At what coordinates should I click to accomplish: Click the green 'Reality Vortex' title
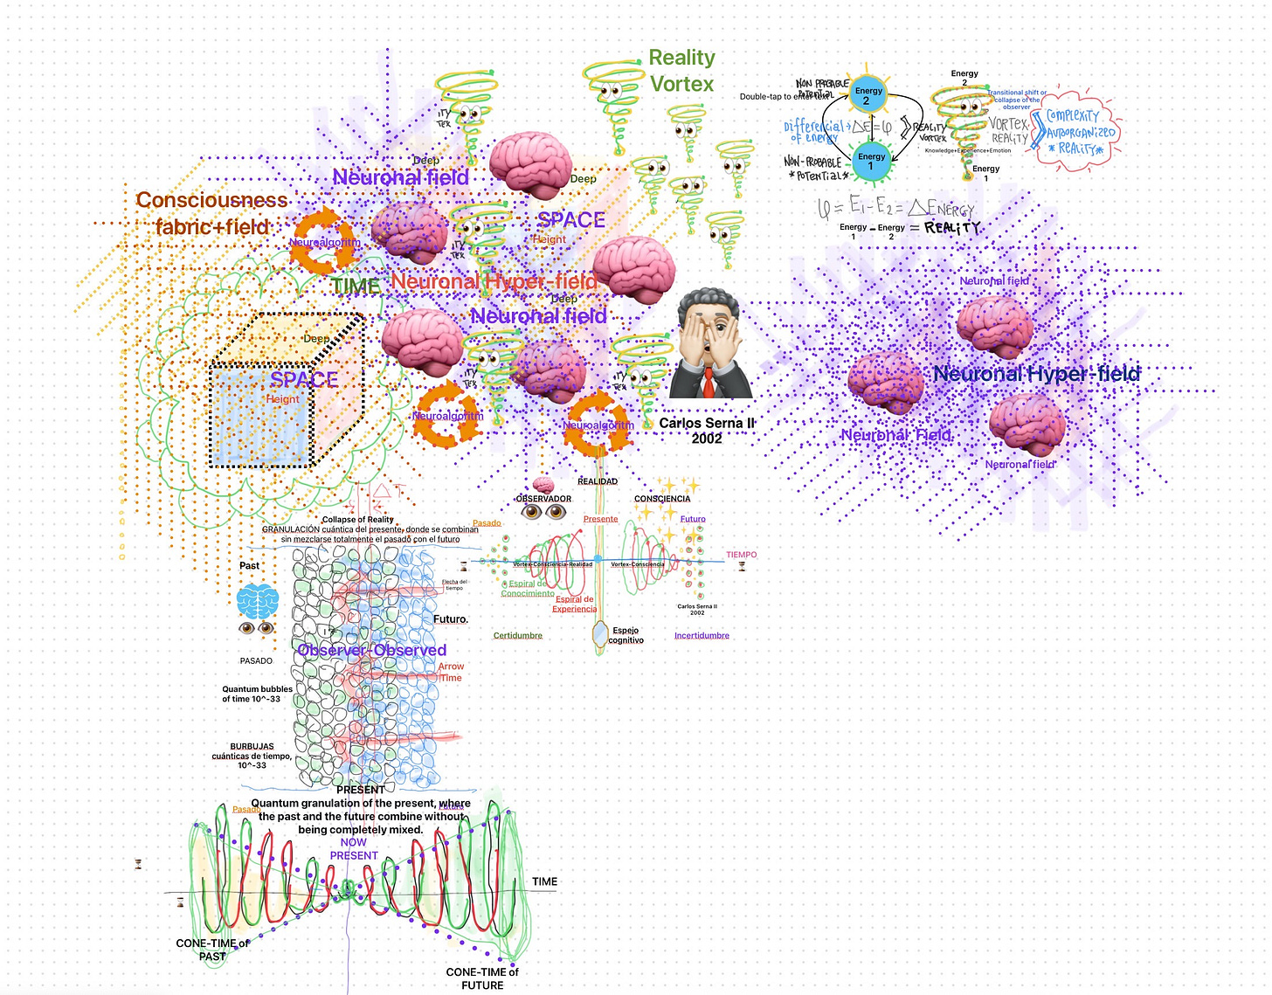[681, 71]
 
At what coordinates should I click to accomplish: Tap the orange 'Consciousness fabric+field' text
[211, 213]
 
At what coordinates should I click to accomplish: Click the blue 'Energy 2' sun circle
[868, 94]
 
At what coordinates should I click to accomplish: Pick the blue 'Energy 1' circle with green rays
[871, 161]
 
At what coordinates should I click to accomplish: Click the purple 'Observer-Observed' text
[371, 650]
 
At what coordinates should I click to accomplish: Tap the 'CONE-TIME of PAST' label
[212, 950]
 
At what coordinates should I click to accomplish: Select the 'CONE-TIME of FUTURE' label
[482, 978]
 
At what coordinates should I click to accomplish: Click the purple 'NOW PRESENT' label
[354, 849]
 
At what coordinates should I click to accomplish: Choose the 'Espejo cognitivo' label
[626, 635]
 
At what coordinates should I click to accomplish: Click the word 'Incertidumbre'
[702, 635]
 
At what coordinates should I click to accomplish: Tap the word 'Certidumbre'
[518, 635]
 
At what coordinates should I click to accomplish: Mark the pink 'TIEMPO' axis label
[741, 555]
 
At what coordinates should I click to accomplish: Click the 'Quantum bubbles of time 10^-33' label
[257, 694]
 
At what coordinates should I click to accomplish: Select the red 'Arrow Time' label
[451, 672]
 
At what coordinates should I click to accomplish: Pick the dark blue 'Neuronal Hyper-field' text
[1036, 374]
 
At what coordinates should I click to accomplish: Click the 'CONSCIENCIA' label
[662, 499]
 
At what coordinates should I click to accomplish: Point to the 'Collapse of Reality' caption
[358, 520]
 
